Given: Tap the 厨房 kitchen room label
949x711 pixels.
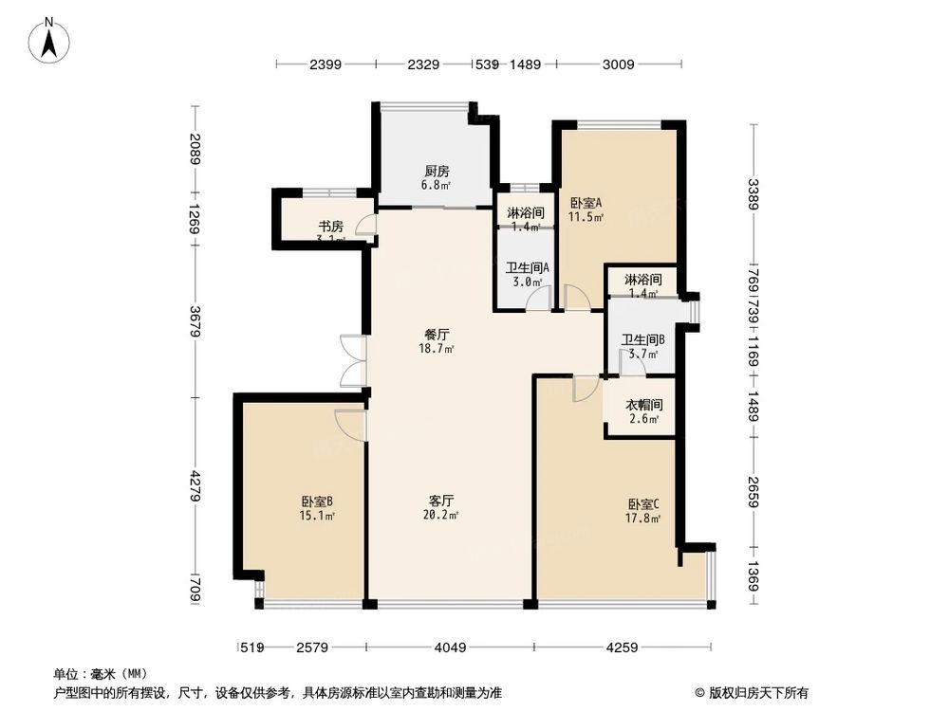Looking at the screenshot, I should point(437,172).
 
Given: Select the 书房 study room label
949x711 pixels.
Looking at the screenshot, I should point(330,227).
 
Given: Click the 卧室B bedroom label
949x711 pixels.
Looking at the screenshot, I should point(317,502).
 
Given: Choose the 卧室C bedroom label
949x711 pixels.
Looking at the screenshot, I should point(642,504).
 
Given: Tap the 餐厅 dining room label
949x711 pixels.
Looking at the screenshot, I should point(437,335).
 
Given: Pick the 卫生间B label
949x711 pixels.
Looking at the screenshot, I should point(642,339).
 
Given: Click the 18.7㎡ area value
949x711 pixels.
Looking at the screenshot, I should point(437,349).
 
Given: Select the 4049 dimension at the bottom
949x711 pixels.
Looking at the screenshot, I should point(450,648).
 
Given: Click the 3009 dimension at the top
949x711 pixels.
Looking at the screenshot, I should point(619,64).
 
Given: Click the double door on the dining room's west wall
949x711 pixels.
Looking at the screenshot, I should point(353,361).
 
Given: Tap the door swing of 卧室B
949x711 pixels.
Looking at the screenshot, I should point(350,424).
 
